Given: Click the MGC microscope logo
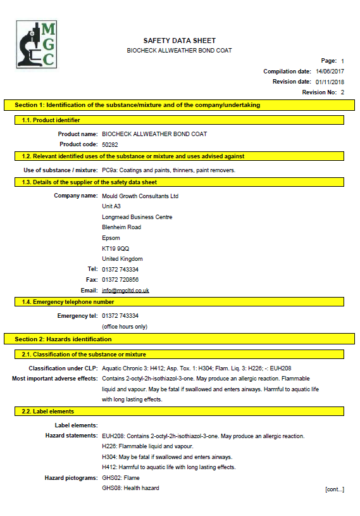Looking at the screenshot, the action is coord(36,44).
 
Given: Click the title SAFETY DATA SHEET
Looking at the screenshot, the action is coord(179,40).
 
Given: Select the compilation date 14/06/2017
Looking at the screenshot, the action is coord(330,72).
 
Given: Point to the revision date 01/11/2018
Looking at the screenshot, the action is coord(330,82).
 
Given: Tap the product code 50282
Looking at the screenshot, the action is coord(110,144).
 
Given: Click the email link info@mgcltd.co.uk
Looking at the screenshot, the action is coord(125,290).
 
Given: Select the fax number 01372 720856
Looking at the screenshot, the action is coord(120,279).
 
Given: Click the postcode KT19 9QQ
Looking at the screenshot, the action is coord(115,248).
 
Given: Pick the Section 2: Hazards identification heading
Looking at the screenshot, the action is coord(63,339).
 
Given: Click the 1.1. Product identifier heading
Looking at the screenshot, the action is coord(51,120).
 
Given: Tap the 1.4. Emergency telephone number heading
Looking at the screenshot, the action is coord(68,302).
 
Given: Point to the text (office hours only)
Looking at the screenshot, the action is coord(125,326).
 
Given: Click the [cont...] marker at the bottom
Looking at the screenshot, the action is coord(334,489).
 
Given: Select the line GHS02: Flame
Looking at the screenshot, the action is coord(121,477).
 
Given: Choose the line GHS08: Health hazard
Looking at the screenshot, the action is coord(130,488).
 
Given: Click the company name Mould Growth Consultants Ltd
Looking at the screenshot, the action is coord(140,196).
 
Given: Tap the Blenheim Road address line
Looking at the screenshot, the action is coord(121,227).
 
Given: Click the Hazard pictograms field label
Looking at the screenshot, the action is coord(71,477).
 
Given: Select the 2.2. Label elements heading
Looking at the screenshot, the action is coord(47,412).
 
